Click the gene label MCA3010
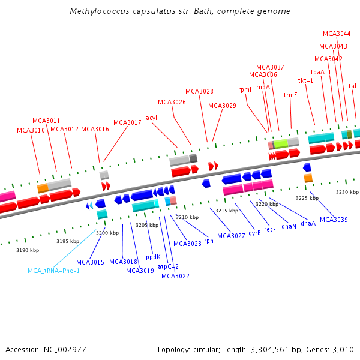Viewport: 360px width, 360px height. (31, 130)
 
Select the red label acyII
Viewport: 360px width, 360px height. (152, 118)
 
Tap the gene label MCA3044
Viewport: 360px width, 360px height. (337, 34)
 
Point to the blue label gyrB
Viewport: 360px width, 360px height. (254, 232)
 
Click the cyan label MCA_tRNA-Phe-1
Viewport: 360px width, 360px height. (53, 271)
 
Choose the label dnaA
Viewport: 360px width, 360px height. (308, 223)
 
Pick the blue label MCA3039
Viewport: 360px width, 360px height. (334, 220)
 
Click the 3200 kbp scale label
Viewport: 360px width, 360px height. (107, 232)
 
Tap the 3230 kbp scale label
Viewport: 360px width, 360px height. (347, 192)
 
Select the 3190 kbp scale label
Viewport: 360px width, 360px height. (27, 250)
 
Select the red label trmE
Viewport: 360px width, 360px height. (290, 95)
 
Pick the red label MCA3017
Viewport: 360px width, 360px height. (127, 122)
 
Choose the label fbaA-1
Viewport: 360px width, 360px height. (320, 72)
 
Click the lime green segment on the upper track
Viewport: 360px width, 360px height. (281, 143)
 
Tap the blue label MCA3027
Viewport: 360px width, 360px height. (231, 236)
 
